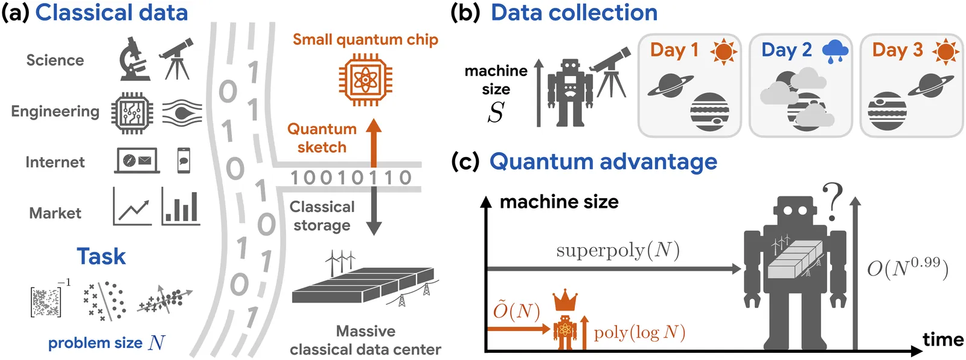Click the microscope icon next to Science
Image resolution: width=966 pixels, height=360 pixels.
[x=134, y=59]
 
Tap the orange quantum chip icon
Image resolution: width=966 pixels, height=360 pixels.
[x=365, y=80]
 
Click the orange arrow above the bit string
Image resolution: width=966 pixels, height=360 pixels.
[x=374, y=143]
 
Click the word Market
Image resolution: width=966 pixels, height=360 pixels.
[x=55, y=213]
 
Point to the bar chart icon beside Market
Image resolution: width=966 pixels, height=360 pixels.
[x=181, y=207]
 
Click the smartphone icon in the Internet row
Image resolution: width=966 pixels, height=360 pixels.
[x=184, y=161]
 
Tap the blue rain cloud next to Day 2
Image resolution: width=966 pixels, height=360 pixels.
[x=835, y=51]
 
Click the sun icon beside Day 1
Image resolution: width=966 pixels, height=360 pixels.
[x=723, y=51]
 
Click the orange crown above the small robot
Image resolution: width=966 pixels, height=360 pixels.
[x=565, y=300]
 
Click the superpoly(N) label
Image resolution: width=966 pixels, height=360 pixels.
[x=618, y=250]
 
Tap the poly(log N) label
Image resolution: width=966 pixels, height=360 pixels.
[x=639, y=332]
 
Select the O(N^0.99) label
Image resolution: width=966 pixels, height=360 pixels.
[x=907, y=268]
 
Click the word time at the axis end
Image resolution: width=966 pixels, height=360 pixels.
[x=942, y=339]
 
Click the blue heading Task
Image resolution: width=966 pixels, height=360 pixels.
[x=101, y=257]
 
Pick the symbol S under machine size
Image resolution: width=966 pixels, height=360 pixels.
[x=496, y=112]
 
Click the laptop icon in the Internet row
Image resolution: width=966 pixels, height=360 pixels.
[x=136, y=161]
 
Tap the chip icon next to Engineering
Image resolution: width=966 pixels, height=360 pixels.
[x=132, y=112]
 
